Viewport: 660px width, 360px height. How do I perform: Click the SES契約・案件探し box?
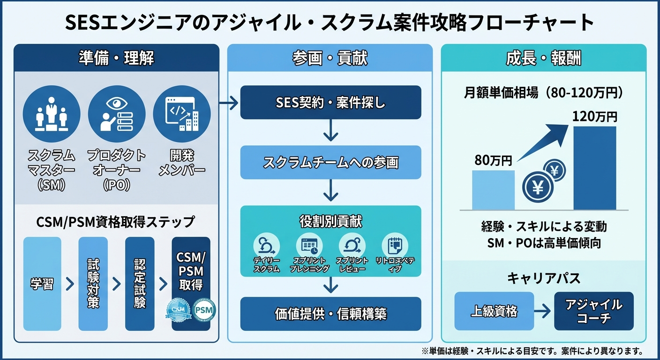click(330, 102)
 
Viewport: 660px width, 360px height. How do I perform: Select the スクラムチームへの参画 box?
click(330, 162)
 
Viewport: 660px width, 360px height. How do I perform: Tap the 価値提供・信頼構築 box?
click(330, 314)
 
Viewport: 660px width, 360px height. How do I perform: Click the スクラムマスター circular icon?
click(52, 113)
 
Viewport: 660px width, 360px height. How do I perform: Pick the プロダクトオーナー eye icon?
click(117, 113)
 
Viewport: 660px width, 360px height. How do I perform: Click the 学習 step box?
click(42, 284)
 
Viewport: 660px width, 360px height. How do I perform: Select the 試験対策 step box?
click(93, 284)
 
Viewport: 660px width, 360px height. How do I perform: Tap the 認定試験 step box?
click(140, 284)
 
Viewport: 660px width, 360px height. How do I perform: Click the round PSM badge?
click(203, 310)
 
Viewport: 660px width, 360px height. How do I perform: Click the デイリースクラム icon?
click(266, 245)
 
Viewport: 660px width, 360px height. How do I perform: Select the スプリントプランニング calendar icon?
click(309, 245)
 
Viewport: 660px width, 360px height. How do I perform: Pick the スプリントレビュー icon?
click(352, 245)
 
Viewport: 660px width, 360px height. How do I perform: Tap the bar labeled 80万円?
click(493, 190)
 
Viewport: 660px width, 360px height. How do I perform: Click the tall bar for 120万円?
click(595, 168)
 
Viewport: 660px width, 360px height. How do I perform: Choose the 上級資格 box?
click(494, 311)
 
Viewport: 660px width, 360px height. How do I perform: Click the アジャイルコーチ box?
click(593, 311)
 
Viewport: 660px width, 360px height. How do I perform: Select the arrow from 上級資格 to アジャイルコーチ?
click(544, 311)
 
